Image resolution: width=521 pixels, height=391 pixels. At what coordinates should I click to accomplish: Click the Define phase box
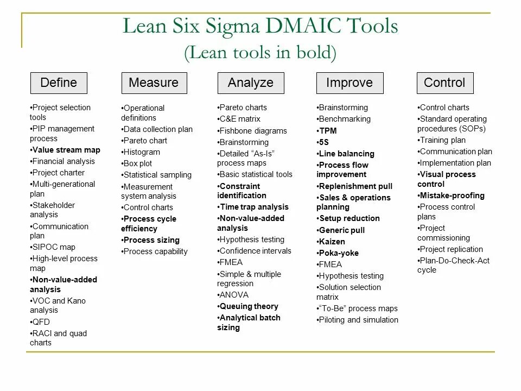59,83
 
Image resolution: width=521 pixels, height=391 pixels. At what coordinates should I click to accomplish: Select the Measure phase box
154,83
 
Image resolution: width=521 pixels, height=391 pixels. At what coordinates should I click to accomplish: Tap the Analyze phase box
250,83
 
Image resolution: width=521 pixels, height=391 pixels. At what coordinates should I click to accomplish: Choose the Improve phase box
350,83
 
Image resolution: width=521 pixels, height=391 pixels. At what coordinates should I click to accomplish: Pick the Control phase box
444,83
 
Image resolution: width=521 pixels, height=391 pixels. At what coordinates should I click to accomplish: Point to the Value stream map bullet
66,150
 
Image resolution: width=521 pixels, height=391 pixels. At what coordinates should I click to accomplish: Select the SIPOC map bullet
53,247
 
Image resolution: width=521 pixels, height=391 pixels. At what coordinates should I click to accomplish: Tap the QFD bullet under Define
41,321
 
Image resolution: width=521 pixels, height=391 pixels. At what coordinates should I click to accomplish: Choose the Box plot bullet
137,163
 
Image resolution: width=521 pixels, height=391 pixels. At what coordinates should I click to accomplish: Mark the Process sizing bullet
151,240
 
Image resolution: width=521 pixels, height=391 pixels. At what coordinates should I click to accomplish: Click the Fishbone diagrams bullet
252,131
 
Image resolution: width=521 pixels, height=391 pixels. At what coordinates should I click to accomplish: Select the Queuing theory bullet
249,306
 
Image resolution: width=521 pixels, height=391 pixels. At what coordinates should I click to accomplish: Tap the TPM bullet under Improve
327,131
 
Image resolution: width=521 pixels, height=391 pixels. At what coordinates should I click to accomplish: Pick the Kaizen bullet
332,242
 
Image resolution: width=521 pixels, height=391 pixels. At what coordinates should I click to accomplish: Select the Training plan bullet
442,140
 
